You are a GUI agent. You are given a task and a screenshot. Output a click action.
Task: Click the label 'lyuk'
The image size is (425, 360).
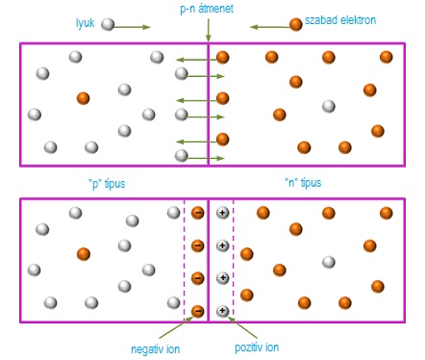tap(85, 23)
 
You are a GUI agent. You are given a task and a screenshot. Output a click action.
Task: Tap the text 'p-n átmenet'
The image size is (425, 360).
tap(207, 9)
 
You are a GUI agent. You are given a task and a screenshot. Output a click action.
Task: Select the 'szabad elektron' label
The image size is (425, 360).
tap(340, 20)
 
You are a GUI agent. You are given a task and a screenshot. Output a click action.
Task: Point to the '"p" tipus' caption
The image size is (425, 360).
tap(107, 184)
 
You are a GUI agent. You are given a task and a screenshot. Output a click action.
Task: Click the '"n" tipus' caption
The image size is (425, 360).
tap(303, 183)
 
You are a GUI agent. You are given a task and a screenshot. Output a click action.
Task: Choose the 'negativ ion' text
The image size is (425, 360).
tap(156, 349)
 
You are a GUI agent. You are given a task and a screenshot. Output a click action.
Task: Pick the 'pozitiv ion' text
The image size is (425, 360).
tap(257, 347)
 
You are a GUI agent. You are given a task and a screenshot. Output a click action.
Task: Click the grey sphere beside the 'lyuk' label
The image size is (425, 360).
tap(108, 24)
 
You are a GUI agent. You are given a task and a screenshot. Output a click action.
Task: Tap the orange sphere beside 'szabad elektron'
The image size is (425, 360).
tap(296, 24)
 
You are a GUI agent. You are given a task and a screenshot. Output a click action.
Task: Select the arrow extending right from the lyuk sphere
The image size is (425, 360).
tap(132, 27)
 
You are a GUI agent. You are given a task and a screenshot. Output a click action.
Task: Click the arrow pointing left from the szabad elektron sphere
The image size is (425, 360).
tap(270, 27)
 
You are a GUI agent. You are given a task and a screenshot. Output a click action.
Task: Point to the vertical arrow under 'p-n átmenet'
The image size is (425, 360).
tap(209, 30)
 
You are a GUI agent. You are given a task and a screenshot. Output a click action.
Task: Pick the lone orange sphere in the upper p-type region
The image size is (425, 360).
tap(83, 98)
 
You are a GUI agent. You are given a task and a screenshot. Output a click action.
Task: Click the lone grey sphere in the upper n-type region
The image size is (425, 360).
tap(329, 106)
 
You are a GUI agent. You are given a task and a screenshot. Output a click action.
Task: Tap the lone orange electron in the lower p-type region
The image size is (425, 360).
tap(84, 254)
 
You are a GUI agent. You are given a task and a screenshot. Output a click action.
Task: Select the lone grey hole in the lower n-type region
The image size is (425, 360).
tap(329, 262)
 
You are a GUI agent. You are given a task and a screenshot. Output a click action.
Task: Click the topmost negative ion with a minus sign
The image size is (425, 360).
tap(198, 213)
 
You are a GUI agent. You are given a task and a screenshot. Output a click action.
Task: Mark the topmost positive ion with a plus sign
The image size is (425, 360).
tap(222, 213)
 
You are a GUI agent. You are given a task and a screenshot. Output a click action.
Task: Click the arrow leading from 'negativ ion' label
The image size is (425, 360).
tap(176, 327)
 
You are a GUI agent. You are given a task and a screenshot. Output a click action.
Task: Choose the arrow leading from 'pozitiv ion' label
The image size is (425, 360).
tap(242, 327)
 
